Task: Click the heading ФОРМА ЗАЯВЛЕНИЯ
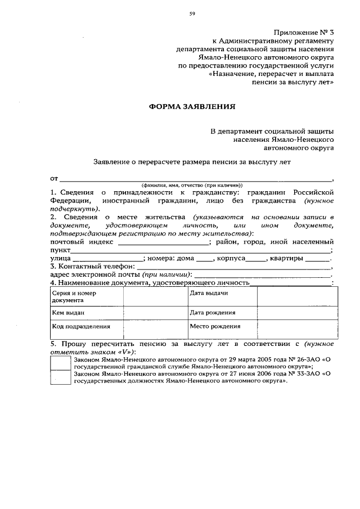pyautogui.click(x=191, y=106)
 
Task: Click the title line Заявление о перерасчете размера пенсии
pyautogui.click(x=192, y=161)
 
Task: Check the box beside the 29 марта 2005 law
pyautogui.click(x=60, y=363)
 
